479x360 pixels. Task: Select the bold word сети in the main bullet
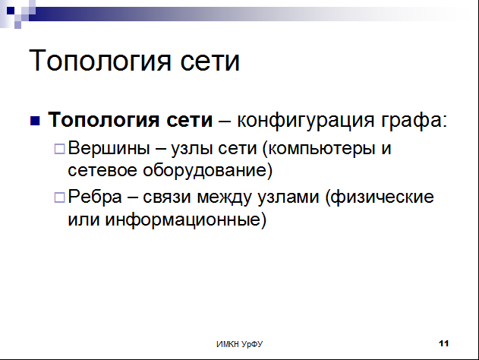click(x=190, y=119)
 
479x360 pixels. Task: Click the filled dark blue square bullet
click(x=35, y=121)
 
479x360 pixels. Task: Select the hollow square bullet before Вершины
click(x=59, y=149)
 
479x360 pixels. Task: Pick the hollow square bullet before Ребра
click(x=59, y=197)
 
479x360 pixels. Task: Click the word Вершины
click(x=109, y=148)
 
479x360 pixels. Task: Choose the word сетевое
click(x=102, y=171)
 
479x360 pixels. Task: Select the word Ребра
click(x=95, y=197)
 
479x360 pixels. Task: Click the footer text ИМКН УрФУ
click(x=240, y=344)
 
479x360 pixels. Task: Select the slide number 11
click(x=444, y=343)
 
